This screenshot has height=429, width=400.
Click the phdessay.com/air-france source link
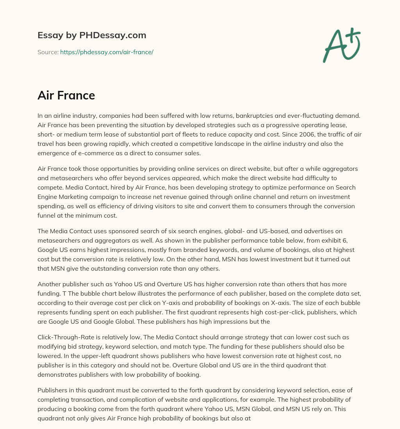107,52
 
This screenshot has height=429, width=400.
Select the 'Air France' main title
66,96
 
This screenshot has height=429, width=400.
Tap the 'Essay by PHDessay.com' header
92,35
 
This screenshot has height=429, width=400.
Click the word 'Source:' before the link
48,52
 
